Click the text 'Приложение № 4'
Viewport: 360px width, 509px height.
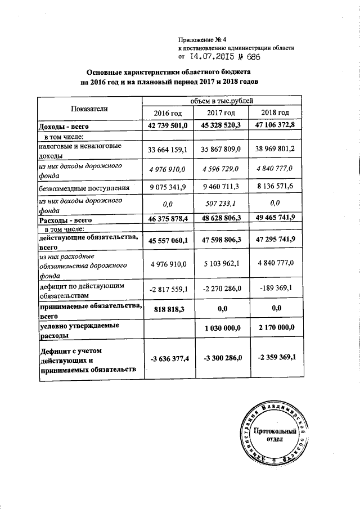click(202, 39)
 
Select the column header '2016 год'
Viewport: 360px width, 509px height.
click(170, 114)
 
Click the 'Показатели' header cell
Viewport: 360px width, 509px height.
click(89, 108)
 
